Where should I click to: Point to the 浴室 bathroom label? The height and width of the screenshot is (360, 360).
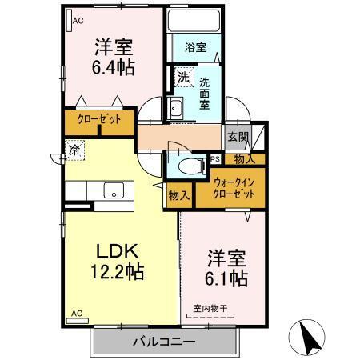pyautogui.click(x=194, y=48)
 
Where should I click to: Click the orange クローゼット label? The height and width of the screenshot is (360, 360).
pyautogui.click(x=99, y=121)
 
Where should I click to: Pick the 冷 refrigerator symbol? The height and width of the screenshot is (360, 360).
pyautogui.click(x=74, y=149)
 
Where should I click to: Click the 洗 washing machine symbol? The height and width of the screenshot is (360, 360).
pyautogui.click(x=183, y=78)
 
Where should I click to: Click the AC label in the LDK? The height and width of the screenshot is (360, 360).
pyautogui.click(x=77, y=312)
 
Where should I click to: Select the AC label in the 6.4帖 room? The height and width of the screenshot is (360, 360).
pyautogui.click(x=78, y=22)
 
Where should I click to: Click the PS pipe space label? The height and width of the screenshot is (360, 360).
pyautogui.click(x=214, y=159)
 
